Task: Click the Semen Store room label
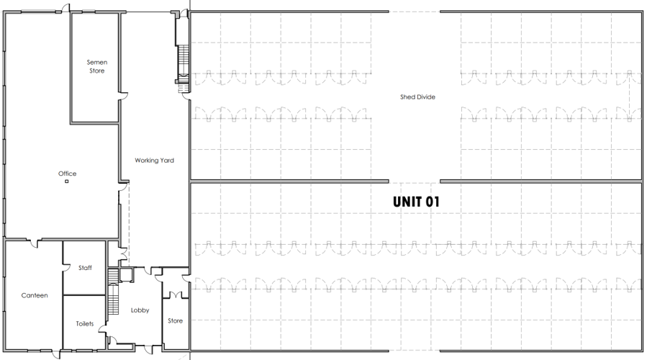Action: [96, 66]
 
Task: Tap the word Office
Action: [67, 174]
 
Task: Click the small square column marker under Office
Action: [66, 181]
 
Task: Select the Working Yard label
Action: [155, 160]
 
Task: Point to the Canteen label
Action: [35, 295]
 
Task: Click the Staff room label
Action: [85, 268]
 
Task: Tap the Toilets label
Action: [85, 323]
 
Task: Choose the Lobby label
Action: [140, 310]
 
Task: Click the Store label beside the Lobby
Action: [176, 320]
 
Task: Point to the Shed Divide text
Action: [417, 96]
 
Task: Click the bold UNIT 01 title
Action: [415, 202]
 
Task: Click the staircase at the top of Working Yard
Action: [183, 65]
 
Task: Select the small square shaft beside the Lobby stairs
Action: [127, 274]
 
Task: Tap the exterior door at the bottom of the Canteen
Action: [56, 353]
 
